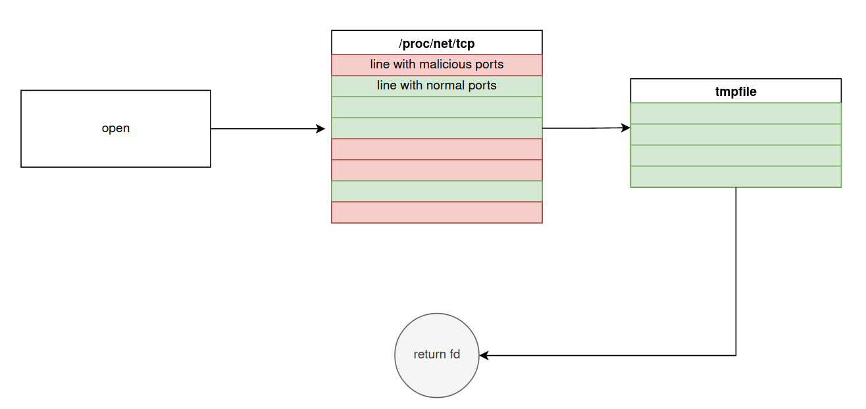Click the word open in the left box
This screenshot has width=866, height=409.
coord(116,128)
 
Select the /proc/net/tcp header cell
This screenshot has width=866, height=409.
coord(436,43)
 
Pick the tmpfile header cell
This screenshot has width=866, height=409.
coord(736,91)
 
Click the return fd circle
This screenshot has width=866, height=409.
coord(437,355)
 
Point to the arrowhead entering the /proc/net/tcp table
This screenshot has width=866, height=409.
coord(321,129)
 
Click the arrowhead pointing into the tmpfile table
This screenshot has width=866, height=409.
coord(626,128)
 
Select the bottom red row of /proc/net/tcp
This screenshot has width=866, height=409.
coord(436,212)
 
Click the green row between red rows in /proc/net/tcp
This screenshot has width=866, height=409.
coord(436,191)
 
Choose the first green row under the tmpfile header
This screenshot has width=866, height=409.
coord(736,113)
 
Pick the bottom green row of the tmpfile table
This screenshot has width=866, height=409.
coord(736,177)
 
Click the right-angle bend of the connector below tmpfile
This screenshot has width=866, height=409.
coord(736,356)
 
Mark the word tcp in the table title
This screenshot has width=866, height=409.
coord(465,43)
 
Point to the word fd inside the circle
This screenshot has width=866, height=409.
coord(455,354)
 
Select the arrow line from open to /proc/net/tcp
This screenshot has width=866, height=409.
coord(263,129)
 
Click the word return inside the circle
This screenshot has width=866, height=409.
coord(430,354)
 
